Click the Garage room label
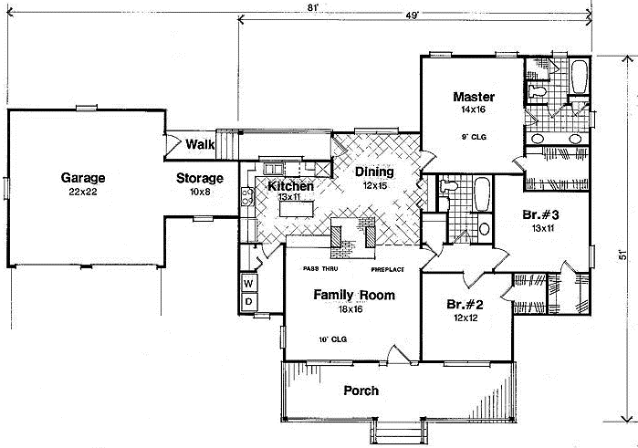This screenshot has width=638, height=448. pyautogui.click(x=83, y=177)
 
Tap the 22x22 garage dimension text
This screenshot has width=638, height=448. pyautogui.click(x=83, y=193)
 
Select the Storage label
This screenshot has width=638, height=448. pyautogui.click(x=200, y=177)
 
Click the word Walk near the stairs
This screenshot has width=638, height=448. pyautogui.click(x=200, y=144)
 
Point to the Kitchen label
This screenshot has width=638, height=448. pyautogui.click(x=290, y=186)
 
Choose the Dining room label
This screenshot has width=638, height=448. pyautogui.click(x=374, y=172)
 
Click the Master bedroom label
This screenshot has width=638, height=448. pyautogui.click(x=474, y=97)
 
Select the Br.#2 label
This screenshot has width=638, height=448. pyautogui.click(x=465, y=304)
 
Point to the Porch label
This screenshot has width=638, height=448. pyautogui.click(x=361, y=391)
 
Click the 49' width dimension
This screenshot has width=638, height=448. pyautogui.click(x=412, y=16)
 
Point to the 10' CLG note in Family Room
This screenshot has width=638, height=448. pyautogui.click(x=332, y=339)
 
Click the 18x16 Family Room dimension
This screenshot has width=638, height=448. pyautogui.click(x=351, y=310)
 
